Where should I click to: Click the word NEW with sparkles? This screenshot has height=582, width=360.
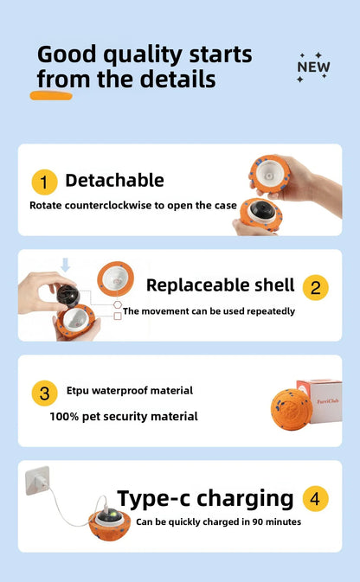pos(313,67)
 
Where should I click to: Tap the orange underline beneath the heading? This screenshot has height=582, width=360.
pos(51,96)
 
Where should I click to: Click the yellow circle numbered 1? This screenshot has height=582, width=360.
pos(44,182)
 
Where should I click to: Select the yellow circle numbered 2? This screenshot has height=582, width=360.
pos(315,287)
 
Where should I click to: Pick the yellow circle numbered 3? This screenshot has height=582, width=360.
pos(44,393)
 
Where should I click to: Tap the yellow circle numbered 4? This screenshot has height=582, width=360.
pos(315,498)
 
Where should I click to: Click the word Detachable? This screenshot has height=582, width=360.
pos(114,181)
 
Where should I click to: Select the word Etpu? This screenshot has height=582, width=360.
pos(78,391)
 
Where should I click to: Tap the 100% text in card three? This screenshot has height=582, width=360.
pos(64,417)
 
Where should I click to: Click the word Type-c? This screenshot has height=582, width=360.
pos(154,498)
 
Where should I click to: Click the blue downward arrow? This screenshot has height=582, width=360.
pos(66,265)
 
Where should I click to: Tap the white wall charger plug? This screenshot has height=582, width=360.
pos(37,480)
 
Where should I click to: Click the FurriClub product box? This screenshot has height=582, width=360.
pos(320,401)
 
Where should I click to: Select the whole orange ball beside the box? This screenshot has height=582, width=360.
pos(292,409)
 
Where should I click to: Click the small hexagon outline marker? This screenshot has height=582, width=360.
pos(118,304)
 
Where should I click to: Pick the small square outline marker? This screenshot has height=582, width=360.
pos(118,316)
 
